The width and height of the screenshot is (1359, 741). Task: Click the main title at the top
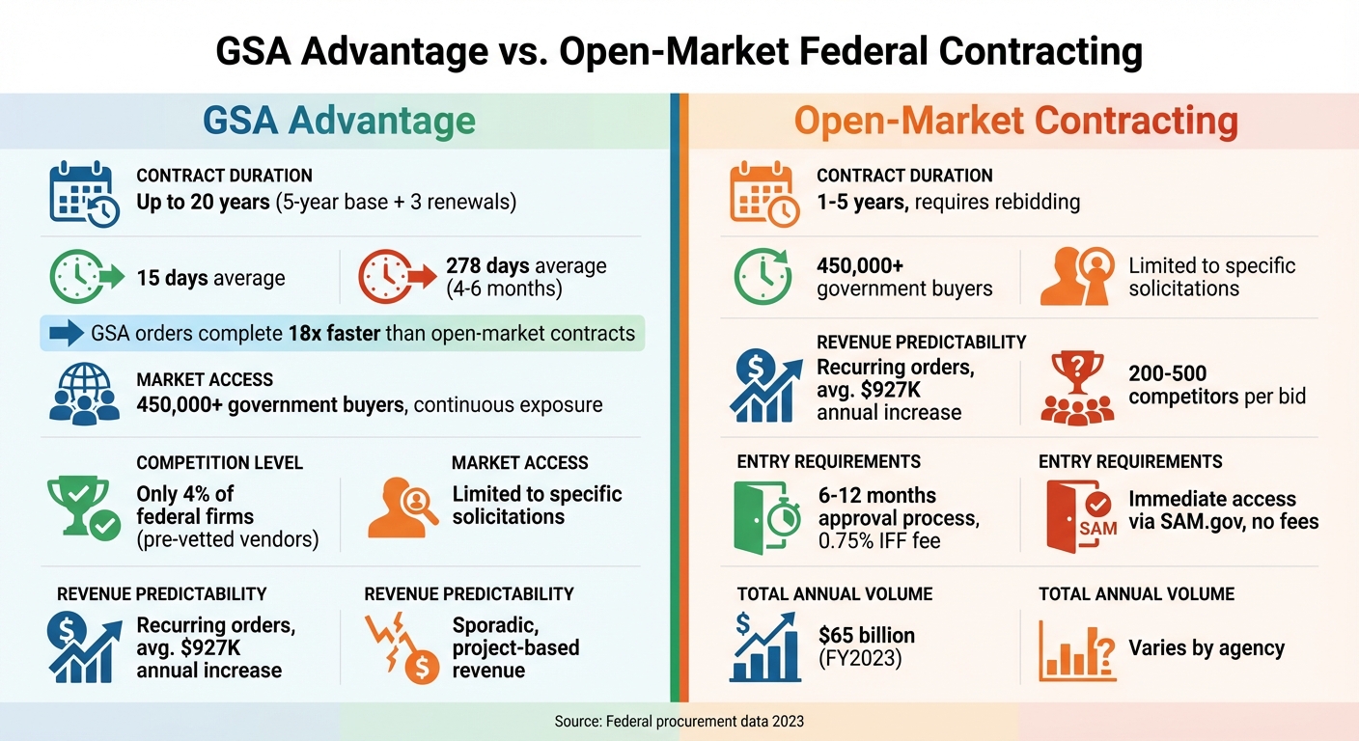point(679,51)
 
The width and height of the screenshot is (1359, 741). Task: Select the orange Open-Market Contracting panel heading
point(1015,122)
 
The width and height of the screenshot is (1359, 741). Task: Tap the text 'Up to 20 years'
point(203,203)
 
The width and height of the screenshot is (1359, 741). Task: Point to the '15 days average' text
point(210,278)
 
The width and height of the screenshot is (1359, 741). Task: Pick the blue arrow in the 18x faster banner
point(66,334)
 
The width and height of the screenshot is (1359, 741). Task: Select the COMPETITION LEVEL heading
point(219,463)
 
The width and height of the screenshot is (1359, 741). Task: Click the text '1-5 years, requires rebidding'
point(948,203)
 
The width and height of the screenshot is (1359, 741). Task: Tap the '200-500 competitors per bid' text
point(1216,385)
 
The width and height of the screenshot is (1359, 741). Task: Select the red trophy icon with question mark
point(1076,386)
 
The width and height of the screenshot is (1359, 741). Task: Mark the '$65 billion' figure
point(866,636)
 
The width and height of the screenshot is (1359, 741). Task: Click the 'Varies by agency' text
point(1206,647)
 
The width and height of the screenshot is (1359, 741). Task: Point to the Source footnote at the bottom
point(679,721)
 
